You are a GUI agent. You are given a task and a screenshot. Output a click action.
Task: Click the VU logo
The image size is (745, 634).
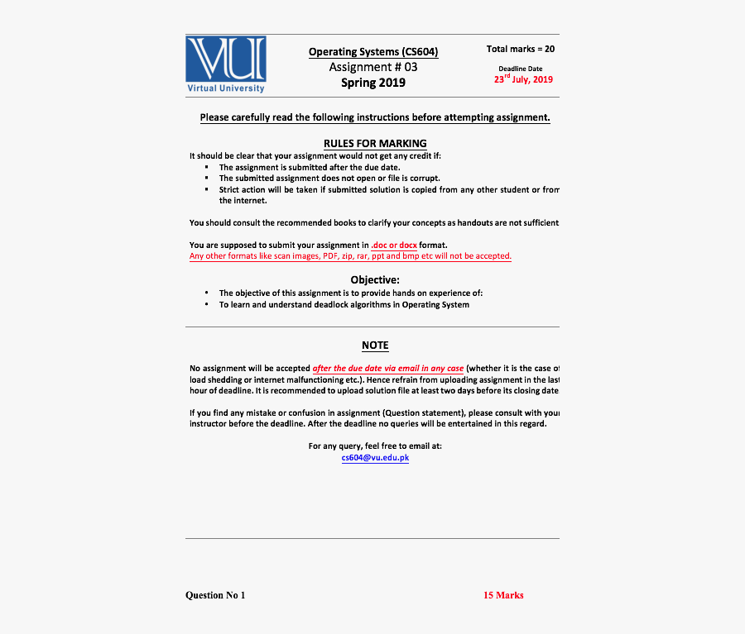pyautogui.click(x=225, y=59)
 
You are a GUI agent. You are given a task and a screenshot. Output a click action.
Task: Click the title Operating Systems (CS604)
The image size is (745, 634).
pyautogui.click(x=373, y=52)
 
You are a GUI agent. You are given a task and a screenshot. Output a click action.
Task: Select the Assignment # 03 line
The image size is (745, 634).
pyautogui.click(x=373, y=67)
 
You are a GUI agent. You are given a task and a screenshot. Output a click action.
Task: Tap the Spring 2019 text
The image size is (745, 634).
pyautogui.click(x=373, y=83)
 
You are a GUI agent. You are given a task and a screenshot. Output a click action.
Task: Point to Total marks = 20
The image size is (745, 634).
pyautogui.click(x=521, y=49)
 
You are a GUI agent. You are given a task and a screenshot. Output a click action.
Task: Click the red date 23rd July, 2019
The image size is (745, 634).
pyautogui.click(x=523, y=79)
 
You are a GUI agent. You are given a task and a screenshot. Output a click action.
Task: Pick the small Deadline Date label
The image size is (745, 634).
pyautogui.click(x=521, y=69)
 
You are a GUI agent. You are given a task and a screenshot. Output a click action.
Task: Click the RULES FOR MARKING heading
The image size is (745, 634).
pyautogui.click(x=375, y=143)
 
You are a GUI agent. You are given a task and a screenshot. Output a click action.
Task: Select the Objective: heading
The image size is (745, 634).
pyautogui.click(x=375, y=279)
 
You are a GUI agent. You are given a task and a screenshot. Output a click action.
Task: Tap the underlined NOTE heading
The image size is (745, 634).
pyautogui.click(x=375, y=346)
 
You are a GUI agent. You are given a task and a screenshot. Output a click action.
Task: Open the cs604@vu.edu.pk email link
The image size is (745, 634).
pyautogui.click(x=375, y=458)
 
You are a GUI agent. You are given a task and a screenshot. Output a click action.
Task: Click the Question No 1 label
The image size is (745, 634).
pyautogui.click(x=215, y=595)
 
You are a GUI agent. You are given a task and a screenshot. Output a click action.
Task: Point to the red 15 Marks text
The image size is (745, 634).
pyautogui.click(x=503, y=595)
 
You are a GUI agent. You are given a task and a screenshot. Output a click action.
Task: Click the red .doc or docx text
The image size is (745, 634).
pyautogui.click(x=394, y=245)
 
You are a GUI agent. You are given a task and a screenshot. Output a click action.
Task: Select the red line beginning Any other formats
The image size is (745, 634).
pyautogui.click(x=350, y=256)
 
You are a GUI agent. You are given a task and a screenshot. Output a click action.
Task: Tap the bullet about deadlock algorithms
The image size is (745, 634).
pyautogui.click(x=344, y=304)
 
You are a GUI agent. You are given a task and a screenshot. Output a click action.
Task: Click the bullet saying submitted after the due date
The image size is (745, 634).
pyautogui.click(x=303, y=167)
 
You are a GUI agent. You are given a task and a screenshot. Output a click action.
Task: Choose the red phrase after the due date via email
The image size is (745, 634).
pyautogui.click(x=387, y=369)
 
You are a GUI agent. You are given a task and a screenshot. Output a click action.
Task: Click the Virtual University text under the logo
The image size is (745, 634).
pyautogui.click(x=226, y=88)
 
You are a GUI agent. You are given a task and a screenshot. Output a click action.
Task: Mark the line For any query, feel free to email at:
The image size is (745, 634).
pyautogui.click(x=375, y=446)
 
